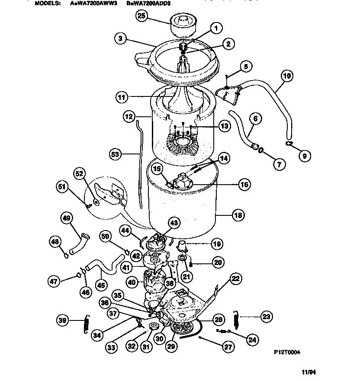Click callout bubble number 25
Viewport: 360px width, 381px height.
[141, 16]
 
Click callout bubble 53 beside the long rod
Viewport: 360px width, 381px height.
[114, 153]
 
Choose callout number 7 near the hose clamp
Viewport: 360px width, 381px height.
[279, 164]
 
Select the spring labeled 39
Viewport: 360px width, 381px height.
[86, 324]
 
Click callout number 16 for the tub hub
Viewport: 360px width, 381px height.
[244, 185]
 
